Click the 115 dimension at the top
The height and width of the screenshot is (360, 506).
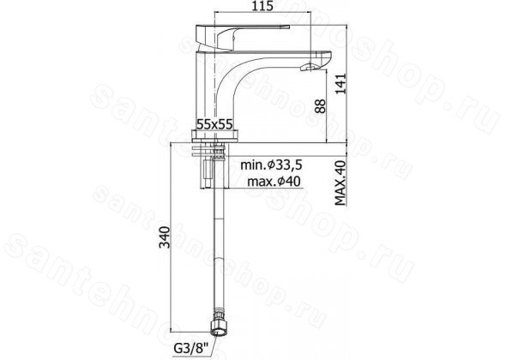coord(262,5)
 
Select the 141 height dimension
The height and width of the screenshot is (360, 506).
coord(340,84)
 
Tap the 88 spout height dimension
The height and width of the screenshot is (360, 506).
coord(320,106)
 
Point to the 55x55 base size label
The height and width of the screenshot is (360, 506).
coord(214,124)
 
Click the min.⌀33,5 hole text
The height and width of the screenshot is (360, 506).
coord(271,165)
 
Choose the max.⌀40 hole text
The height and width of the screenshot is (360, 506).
coord(274,182)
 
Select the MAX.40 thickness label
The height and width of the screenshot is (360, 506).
coord(340,183)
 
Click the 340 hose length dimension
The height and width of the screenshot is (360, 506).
coord(165,237)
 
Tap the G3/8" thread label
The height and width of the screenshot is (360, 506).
coord(191,349)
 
